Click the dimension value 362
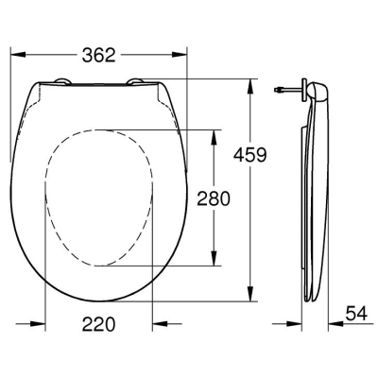[99, 55]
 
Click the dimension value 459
[250, 155]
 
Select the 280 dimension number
[214, 198]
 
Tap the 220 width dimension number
[99, 324]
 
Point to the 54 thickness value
[356, 314]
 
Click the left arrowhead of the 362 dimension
[18, 55]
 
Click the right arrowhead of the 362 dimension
[180, 55]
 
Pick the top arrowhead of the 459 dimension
[250, 86]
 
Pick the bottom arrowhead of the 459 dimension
[250, 294]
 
